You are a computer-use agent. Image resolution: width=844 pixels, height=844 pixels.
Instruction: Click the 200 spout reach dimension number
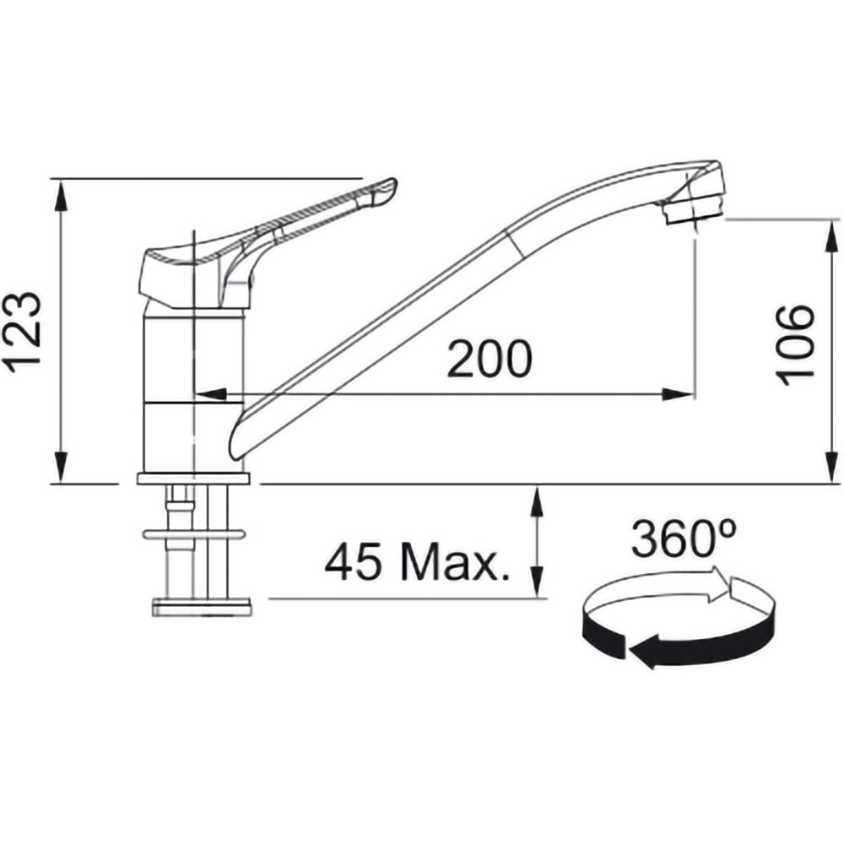pos(490,359)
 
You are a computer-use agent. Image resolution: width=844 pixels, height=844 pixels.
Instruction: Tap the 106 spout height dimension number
pos(794,344)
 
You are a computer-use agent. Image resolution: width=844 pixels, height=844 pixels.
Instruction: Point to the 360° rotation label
pos(684,538)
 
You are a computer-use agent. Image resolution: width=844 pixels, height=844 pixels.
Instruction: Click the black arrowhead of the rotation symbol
pos(645,652)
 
